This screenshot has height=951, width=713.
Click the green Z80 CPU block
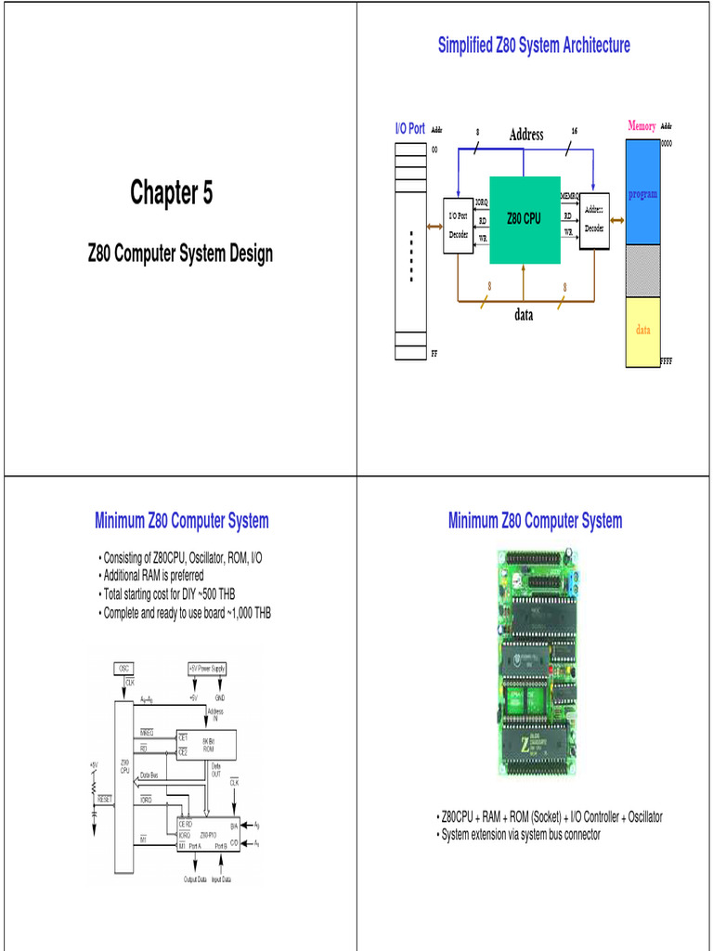[x=525, y=219]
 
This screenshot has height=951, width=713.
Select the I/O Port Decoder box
[x=458, y=225]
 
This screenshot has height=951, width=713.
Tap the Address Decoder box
[x=594, y=220]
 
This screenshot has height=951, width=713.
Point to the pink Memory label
[x=642, y=125]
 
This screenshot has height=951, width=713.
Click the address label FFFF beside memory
[x=666, y=360]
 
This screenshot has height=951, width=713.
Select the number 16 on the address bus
[x=575, y=130]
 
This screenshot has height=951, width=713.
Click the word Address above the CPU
[x=525, y=136]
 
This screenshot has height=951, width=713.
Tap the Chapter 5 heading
[x=171, y=193]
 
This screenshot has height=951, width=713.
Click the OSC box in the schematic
[x=124, y=668]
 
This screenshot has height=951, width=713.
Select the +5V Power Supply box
[x=207, y=668]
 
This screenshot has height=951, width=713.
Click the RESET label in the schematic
[x=104, y=799]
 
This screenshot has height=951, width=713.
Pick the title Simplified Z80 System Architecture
[x=534, y=45]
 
